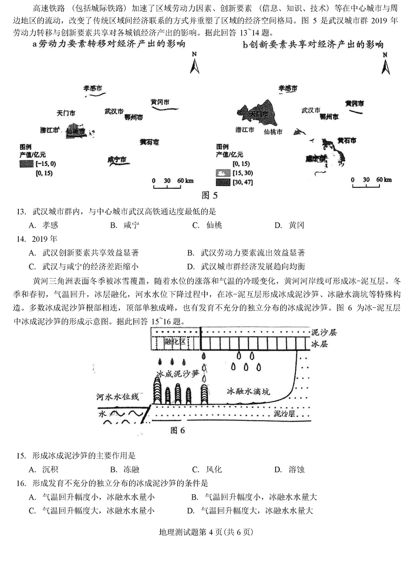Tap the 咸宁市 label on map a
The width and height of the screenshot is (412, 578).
click(116, 159)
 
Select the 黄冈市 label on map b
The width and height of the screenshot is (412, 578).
click(355, 104)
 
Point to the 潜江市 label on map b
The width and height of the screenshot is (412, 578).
click(245, 130)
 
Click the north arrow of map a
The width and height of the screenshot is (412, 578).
click(195, 63)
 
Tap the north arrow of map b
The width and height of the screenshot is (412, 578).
click(386, 63)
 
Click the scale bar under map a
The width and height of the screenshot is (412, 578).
click(173, 183)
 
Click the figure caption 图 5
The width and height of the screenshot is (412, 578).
click(209, 196)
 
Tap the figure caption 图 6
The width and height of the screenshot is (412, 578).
click(177, 430)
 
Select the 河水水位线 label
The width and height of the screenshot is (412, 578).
click(117, 397)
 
